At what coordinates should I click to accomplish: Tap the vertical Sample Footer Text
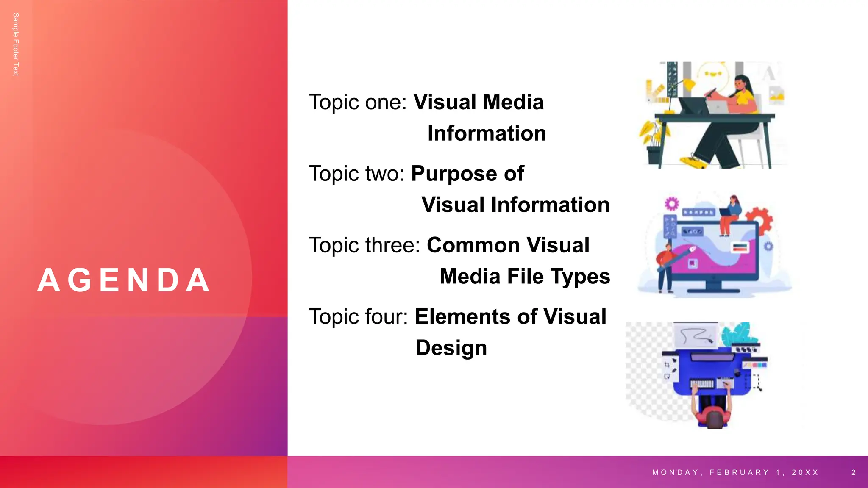16,44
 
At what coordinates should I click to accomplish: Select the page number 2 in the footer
854,472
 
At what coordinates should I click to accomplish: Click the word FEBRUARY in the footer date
739,472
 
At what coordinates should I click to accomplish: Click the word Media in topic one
513,102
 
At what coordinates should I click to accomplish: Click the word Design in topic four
451,348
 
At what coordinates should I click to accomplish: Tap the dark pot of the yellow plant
654,154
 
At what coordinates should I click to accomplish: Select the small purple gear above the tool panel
672,204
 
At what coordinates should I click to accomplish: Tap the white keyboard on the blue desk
702,384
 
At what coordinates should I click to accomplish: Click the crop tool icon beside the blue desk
667,365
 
